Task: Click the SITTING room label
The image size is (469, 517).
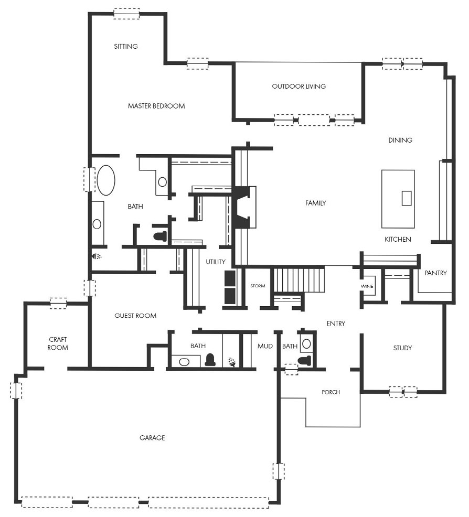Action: point(126,47)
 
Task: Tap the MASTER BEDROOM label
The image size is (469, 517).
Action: point(156,106)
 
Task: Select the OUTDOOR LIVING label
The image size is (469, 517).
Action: point(299,87)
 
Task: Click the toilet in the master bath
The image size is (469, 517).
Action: point(161,236)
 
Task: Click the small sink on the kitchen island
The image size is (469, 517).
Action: point(407,198)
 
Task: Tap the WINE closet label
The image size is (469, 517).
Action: point(367,286)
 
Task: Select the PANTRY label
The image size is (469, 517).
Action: point(436,273)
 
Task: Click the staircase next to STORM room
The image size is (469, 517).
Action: point(300,280)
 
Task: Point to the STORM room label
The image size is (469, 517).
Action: point(258,286)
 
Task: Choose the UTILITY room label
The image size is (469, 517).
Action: point(216,262)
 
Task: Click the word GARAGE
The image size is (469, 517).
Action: point(152,438)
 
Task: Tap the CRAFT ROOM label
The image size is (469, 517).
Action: point(58,343)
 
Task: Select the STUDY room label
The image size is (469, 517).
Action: point(402,348)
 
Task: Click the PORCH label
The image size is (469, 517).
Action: point(331,392)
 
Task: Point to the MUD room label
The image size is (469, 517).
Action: point(265,346)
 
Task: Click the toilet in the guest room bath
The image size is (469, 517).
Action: point(210,360)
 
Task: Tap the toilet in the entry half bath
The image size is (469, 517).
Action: point(304,360)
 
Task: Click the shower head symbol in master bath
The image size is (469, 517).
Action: point(97,256)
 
